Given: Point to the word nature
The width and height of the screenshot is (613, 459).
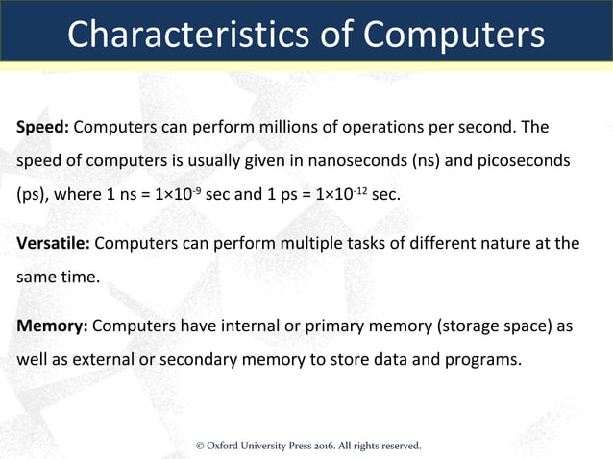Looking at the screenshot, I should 493,243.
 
